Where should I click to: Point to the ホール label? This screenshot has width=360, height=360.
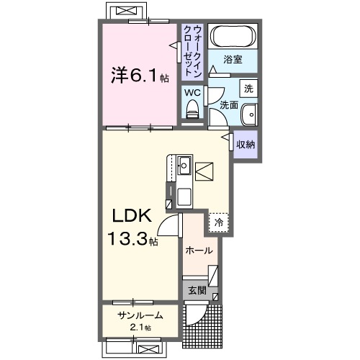[x=199, y=251]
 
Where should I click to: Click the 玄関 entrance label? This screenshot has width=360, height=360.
[x=198, y=291]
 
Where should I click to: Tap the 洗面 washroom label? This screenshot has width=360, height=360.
[x=228, y=105]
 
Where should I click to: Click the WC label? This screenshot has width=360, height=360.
[x=192, y=92]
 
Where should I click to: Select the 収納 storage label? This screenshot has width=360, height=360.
[x=246, y=144]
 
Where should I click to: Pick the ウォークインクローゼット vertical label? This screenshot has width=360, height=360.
[x=192, y=50]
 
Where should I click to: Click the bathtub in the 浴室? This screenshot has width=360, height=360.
[x=232, y=37]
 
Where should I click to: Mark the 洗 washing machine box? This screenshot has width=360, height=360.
[x=248, y=89]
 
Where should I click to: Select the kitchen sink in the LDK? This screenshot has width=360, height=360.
[x=183, y=166]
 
